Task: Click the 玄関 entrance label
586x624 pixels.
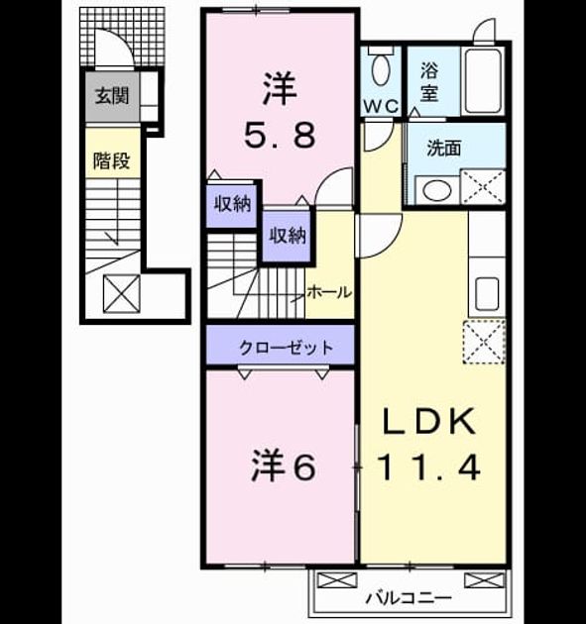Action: (x=112, y=96)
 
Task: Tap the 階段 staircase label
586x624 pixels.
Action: (x=111, y=160)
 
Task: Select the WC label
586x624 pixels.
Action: (x=381, y=106)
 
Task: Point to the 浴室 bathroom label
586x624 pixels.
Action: (x=429, y=82)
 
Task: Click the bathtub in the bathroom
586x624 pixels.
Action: (x=483, y=81)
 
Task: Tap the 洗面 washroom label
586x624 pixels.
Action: (x=444, y=148)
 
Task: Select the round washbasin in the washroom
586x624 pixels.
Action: (x=437, y=190)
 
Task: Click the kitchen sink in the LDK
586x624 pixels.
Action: (x=487, y=294)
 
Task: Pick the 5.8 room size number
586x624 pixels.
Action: (x=280, y=135)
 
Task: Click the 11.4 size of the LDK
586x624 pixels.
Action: (x=428, y=468)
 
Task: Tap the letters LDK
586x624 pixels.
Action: (x=429, y=421)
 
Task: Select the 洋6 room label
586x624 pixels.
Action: (x=284, y=466)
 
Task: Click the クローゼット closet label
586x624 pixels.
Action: (x=286, y=348)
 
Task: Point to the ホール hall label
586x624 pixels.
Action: (x=329, y=292)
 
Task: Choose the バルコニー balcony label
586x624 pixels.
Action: (x=410, y=597)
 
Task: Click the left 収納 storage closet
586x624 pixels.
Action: (x=232, y=204)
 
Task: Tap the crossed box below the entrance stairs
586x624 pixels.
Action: (x=122, y=294)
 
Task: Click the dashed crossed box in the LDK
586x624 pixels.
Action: (x=484, y=342)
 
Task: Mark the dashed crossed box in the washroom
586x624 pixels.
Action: (x=483, y=186)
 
